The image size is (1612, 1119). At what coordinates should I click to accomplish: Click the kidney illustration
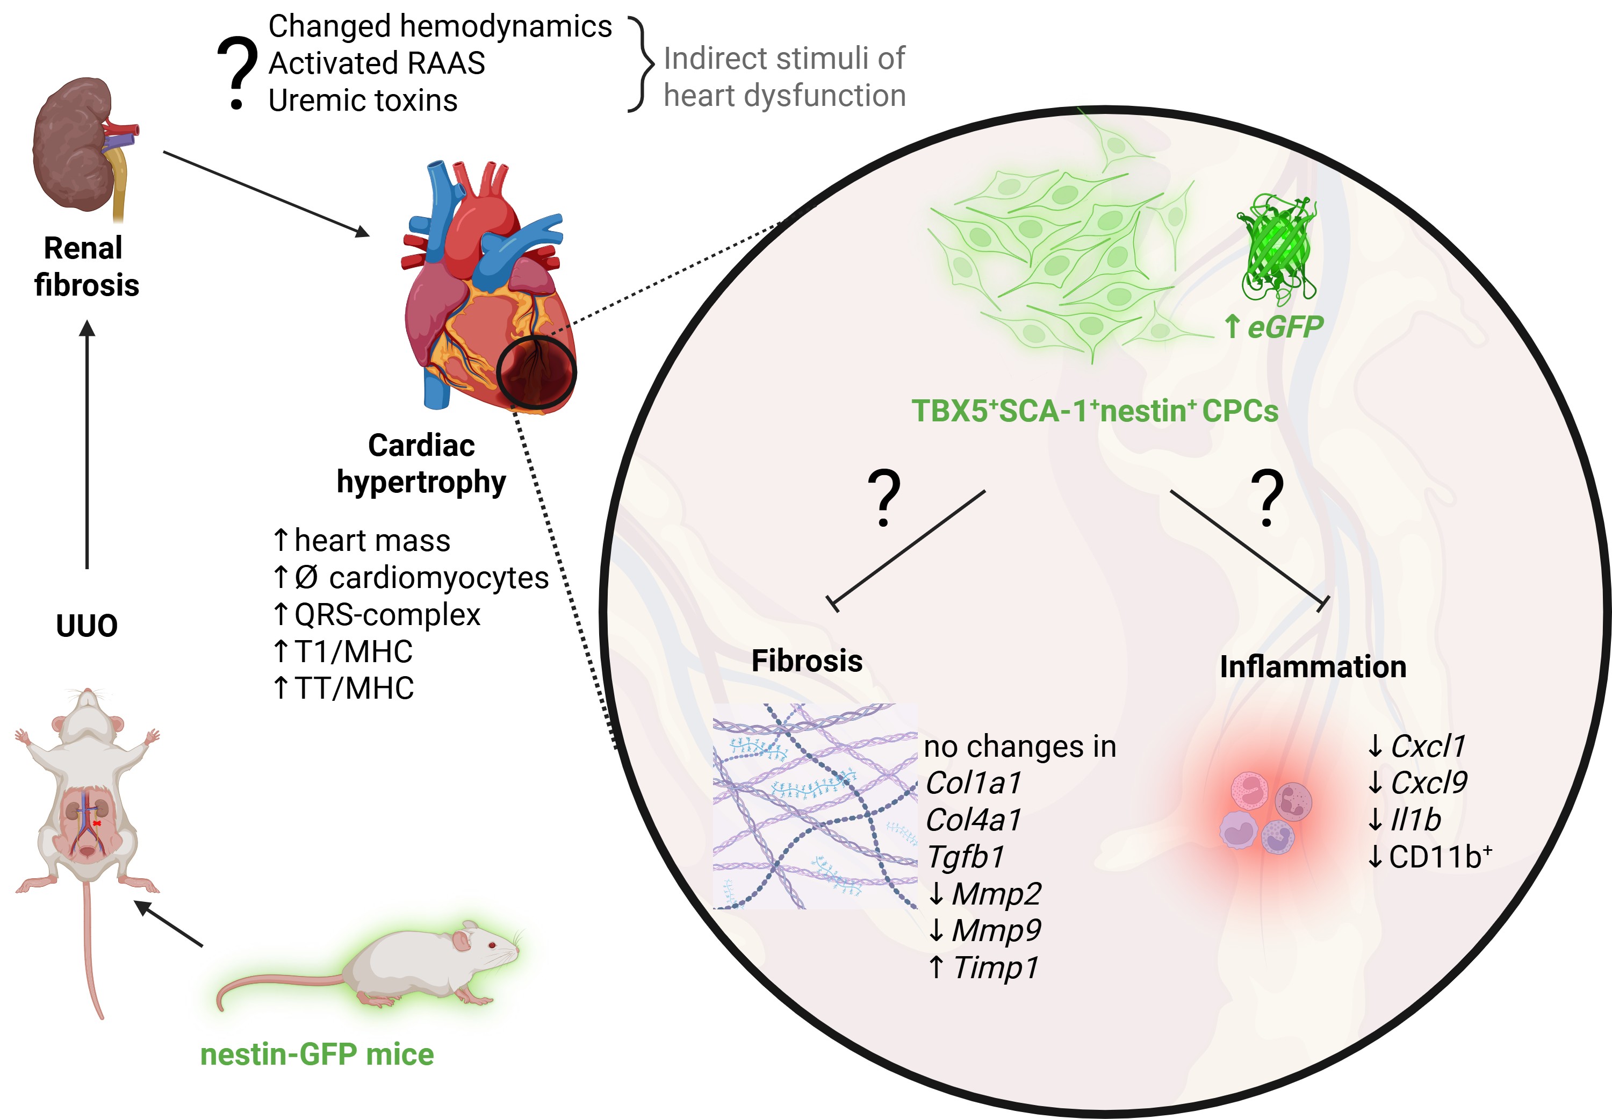(77, 144)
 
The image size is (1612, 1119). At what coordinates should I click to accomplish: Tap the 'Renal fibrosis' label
(86, 267)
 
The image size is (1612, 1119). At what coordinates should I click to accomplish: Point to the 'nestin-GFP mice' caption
(317, 1055)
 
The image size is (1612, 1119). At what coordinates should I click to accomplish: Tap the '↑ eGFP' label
(1272, 327)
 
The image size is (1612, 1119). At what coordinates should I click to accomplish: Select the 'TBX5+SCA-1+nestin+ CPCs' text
(1094, 411)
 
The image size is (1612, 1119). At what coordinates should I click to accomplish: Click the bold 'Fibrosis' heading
(807, 661)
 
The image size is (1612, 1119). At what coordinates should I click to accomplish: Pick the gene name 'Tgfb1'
(966, 857)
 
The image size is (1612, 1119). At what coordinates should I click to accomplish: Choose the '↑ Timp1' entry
(983, 967)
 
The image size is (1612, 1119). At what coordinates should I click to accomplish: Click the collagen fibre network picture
(815, 806)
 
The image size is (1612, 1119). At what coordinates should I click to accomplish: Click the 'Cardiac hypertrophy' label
(421, 463)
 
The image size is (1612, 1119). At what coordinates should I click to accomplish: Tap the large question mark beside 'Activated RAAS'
(237, 74)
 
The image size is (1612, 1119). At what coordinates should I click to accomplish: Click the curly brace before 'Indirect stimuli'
(641, 64)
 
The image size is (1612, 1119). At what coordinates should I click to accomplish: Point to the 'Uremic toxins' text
(363, 101)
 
